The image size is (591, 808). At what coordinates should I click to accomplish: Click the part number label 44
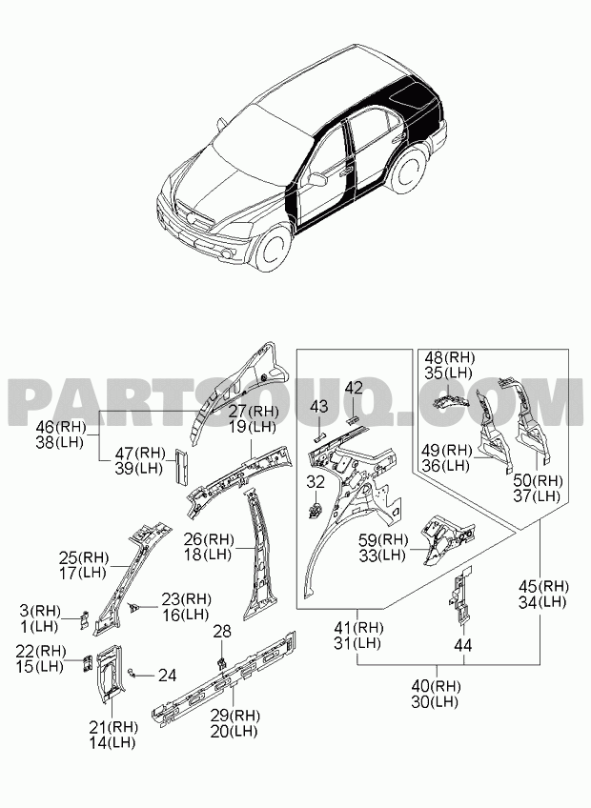pos(463,645)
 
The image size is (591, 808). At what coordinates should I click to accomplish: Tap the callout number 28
pos(222,631)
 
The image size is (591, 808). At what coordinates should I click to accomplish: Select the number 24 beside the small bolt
pos(167,675)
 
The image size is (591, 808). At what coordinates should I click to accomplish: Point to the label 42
pos(354,388)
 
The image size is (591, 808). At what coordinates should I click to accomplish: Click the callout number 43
pos(318,406)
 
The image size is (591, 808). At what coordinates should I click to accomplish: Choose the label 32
pos(316,482)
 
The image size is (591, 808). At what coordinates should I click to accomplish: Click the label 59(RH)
pos(384,539)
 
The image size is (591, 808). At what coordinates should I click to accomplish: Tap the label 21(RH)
pos(113,727)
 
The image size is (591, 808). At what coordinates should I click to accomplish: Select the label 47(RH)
pos(140,454)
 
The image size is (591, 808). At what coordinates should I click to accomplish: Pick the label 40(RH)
pos(437,686)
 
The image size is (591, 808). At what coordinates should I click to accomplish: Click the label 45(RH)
pos(543,586)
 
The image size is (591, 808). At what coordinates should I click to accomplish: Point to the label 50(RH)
pos(537,480)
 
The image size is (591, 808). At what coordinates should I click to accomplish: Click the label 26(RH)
pos(209,539)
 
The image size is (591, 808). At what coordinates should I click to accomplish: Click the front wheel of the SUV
pos(272,251)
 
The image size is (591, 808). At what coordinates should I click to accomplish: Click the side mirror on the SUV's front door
pos(317,179)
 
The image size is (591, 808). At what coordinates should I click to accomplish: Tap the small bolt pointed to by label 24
pos(132,672)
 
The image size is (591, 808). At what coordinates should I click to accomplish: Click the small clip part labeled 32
pos(314,509)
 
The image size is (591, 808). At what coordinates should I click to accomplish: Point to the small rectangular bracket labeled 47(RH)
pos(181,467)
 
